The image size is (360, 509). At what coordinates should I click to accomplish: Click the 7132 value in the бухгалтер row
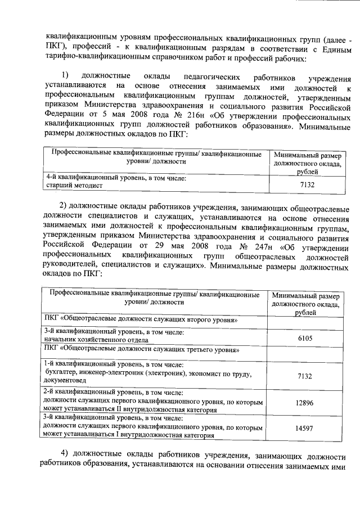[x=305, y=376]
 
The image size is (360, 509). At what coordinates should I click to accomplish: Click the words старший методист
[x=73, y=183]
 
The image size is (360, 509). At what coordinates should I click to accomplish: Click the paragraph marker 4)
[x=65, y=454]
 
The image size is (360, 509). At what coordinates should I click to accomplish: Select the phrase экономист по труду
[x=220, y=372]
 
